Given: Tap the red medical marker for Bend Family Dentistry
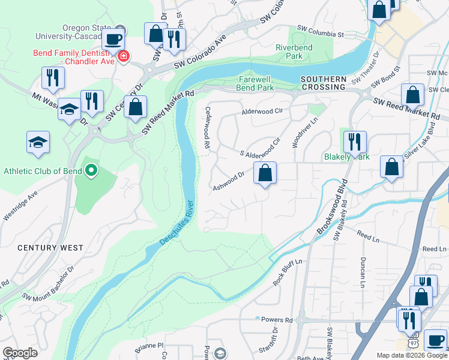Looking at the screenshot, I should coord(124,56).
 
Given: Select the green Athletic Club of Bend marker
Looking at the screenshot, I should coord(91,171).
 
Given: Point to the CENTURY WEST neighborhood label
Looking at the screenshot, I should coord(50,248).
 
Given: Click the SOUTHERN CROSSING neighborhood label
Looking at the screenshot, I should coord(324,83).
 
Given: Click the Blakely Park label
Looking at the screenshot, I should coord(346,157).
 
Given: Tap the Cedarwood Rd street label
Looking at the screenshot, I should coord(206,127).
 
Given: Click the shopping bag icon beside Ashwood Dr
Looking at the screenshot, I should coord(265,173).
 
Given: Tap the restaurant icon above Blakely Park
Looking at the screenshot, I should coord(354,142).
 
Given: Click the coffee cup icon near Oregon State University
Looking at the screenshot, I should coord(112,40).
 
